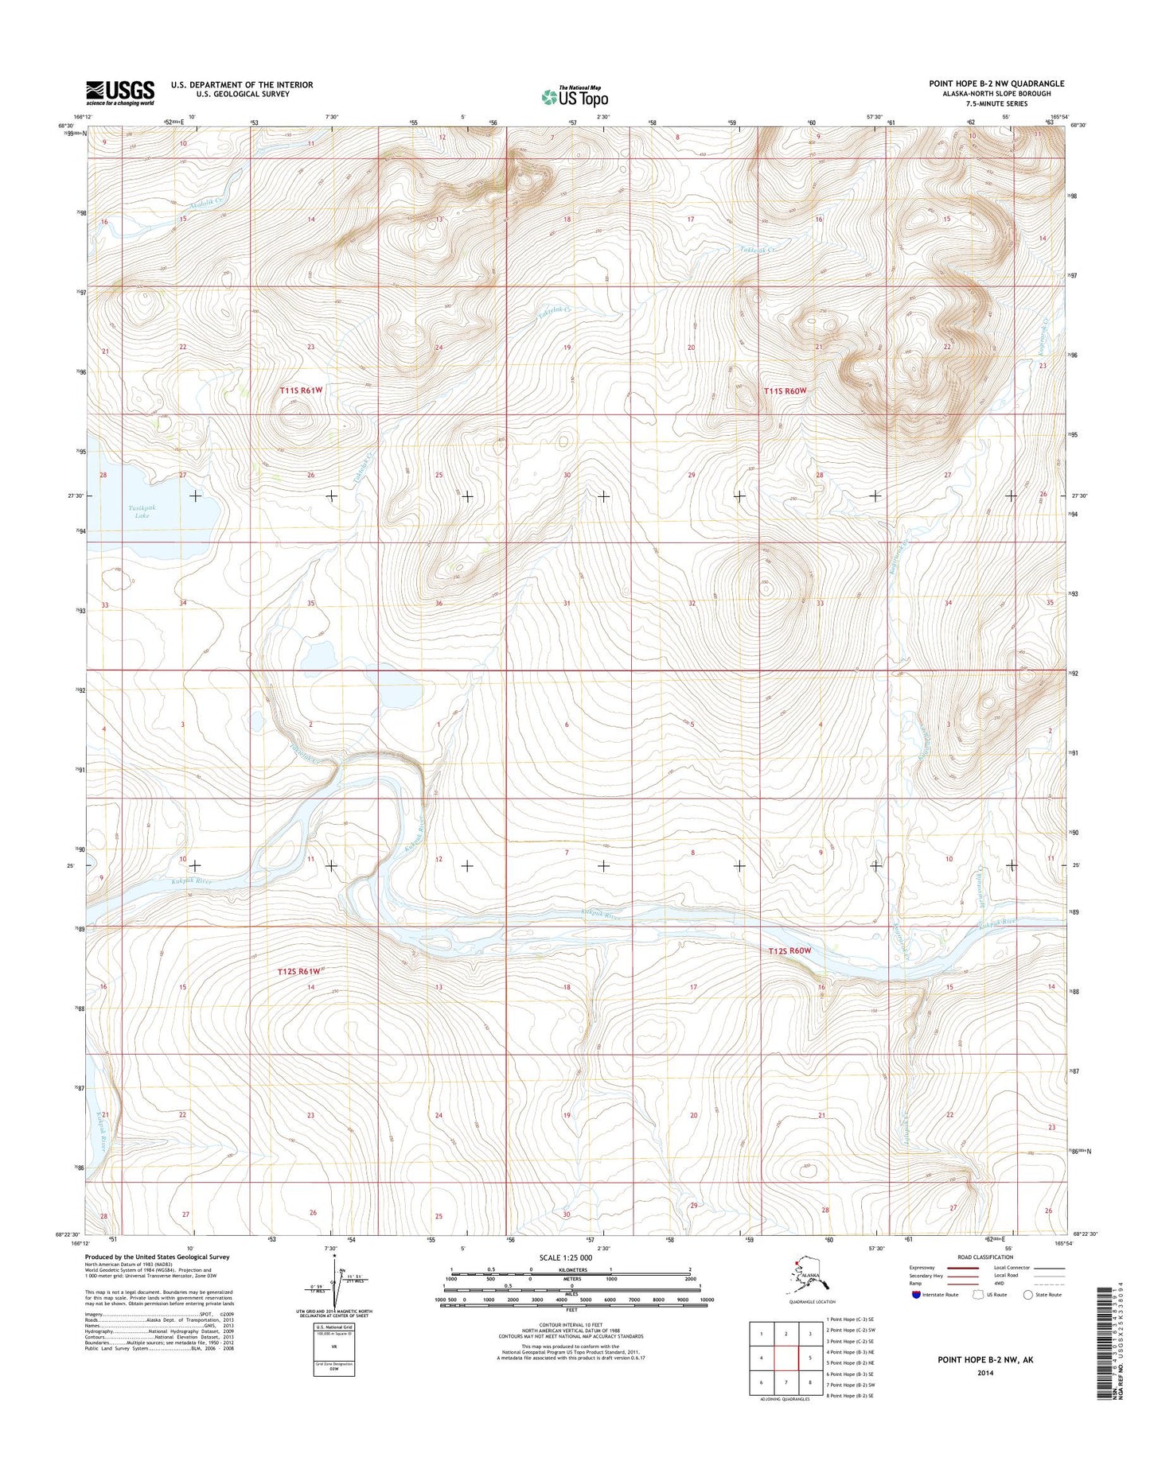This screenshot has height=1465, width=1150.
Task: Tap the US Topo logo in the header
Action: point(575,96)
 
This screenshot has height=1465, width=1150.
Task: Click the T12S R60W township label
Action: point(789,950)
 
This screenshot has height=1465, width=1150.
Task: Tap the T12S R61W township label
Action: point(299,971)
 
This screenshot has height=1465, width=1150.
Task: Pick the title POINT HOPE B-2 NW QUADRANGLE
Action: point(996,84)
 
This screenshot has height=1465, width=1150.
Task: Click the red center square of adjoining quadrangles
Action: point(786,1358)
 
